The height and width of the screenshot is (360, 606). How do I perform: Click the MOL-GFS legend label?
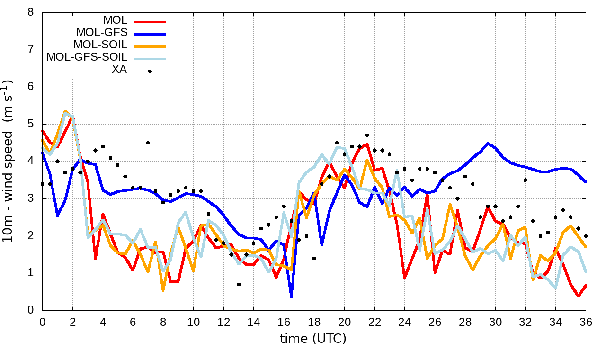coord(101,33)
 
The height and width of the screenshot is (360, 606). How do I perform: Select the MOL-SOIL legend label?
coord(100,45)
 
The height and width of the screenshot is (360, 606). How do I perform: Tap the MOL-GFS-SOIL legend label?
coord(87,57)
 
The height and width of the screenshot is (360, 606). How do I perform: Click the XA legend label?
coord(119,70)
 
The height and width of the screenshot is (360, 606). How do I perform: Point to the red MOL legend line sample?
coord(150,21)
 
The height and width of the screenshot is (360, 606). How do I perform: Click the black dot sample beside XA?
coord(150,71)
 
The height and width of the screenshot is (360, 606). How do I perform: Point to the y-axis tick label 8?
coord(31,12)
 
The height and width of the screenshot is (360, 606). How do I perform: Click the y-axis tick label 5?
coord(31,124)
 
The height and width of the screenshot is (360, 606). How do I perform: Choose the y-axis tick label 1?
coord(31,273)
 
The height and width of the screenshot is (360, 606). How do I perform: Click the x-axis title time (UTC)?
coord(313,339)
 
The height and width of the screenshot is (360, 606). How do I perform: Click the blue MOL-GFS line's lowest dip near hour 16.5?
coord(291,297)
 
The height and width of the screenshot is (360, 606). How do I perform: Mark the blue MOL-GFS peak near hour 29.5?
coord(488,143)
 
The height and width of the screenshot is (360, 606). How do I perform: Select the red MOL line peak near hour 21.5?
coord(367,144)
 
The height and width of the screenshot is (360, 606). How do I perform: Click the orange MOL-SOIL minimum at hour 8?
coord(163,290)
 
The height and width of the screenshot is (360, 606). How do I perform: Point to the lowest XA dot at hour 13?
coord(239,284)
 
